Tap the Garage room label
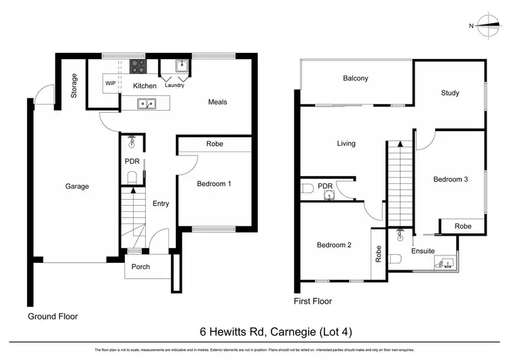pos(77,186)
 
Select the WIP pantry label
pos(111,84)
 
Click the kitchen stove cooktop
pos(138,66)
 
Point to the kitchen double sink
pos(146,104)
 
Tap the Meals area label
pos(217,103)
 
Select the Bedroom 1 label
pos(214,183)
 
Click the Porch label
pos(140,266)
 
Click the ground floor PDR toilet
pos(132,177)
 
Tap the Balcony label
pos(355,79)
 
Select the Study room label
pos(450,93)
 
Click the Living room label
pos(346,143)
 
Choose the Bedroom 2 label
pos(333,245)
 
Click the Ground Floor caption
pos(53,317)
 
